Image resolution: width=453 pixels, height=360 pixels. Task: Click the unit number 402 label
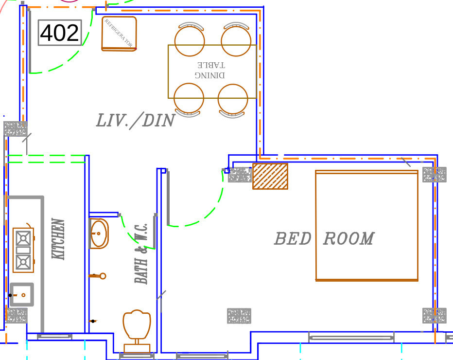pyautogui.click(x=59, y=33)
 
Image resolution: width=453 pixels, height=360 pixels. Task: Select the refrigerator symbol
pyautogui.click(x=119, y=34)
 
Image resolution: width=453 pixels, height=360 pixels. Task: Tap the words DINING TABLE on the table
pyautogui.click(x=210, y=70)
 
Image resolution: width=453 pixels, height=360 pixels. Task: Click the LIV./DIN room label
pyautogui.click(x=135, y=121)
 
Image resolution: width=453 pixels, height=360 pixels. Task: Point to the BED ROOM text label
pyautogui.click(x=324, y=239)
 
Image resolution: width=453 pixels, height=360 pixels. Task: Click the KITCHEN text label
pyautogui.click(x=58, y=239)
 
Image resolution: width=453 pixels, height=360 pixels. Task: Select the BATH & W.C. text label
pyautogui.click(x=141, y=253)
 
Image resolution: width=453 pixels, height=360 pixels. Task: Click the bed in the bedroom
pyautogui.click(x=366, y=226)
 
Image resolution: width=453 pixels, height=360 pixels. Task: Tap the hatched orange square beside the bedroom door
pyautogui.click(x=270, y=176)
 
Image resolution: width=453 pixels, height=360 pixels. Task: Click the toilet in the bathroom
pyautogui.click(x=137, y=327)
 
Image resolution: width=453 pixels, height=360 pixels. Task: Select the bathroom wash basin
pyautogui.click(x=99, y=234)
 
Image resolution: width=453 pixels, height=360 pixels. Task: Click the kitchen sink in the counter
pyautogui.click(x=22, y=295)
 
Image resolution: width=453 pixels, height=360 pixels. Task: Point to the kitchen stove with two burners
pyautogui.click(x=23, y=250)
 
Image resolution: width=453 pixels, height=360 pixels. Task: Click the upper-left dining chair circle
pyautogui.click(x=190, y=41)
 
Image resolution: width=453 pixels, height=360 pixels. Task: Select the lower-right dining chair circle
pyautogui.click(x=233, y=99)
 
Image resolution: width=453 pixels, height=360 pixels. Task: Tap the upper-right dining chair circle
pyautogui.click(x=236, y=41)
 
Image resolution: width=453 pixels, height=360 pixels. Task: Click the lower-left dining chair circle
pyautogui.click(x=189, y=98)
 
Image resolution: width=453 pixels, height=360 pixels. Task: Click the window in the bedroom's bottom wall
pyautogui.click(x=351, y=338)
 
